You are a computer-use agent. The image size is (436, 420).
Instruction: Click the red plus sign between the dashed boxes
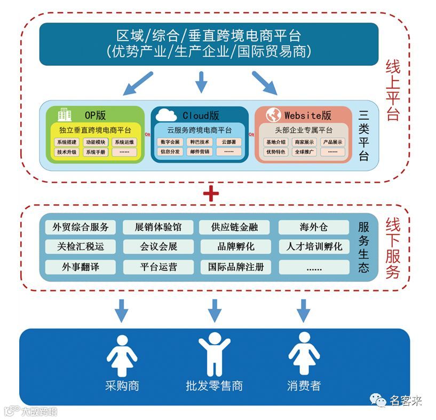click(212, 193)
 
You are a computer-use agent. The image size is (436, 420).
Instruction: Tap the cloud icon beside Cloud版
click(166, 114)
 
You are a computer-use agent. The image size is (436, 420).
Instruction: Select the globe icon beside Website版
click(273, 115)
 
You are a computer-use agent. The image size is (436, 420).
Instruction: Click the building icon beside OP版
click(65, 114)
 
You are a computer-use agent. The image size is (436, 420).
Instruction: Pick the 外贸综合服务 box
click(80, 227)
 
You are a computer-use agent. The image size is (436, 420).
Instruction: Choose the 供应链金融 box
click(235, 227)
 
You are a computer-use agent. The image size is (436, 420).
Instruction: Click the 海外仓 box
click(313, 227)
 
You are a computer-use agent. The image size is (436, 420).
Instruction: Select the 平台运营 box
click(158, 267)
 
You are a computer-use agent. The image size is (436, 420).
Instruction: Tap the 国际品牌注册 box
click(235, 267)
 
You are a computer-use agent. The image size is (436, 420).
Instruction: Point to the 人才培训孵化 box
click(313, 247)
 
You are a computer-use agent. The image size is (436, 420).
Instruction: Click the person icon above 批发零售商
click(214, 353)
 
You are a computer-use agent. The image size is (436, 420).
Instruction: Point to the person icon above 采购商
click(122, 354)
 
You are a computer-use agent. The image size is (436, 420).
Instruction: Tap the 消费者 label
click(304, 385)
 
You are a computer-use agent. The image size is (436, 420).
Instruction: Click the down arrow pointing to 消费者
click(304, 310)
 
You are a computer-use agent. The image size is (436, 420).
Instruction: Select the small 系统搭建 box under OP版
click(67, 142)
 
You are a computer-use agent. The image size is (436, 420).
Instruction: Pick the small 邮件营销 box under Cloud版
click(200, 152)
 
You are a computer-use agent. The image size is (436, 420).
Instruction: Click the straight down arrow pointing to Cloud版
click(201, 82)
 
